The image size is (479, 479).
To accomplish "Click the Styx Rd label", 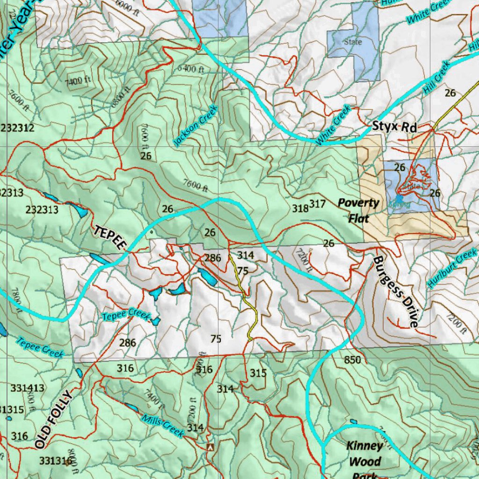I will click(x=394, y=127).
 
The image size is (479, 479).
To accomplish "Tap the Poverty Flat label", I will click(x=359, y=210).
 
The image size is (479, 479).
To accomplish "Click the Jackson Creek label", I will click(x=196, y=125).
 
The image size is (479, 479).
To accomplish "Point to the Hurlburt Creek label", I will click(x=452, y=269).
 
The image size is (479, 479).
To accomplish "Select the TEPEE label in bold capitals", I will click(x=111, y=237).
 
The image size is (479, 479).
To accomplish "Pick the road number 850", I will click(x=352, y=360).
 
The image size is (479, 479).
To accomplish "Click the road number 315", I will click(x=258, y=373).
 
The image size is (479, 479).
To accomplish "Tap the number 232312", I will click(x=17, y=128).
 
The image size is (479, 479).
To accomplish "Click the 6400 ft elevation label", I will click(x=191, y=69).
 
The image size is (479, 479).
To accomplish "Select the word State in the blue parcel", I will click(x=353, y=42).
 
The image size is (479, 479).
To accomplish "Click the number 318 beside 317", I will click(x=300, y=208).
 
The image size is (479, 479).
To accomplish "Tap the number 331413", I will click(x=28, y=388).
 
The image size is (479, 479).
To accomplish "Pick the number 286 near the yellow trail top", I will click(x=213, y=257).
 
